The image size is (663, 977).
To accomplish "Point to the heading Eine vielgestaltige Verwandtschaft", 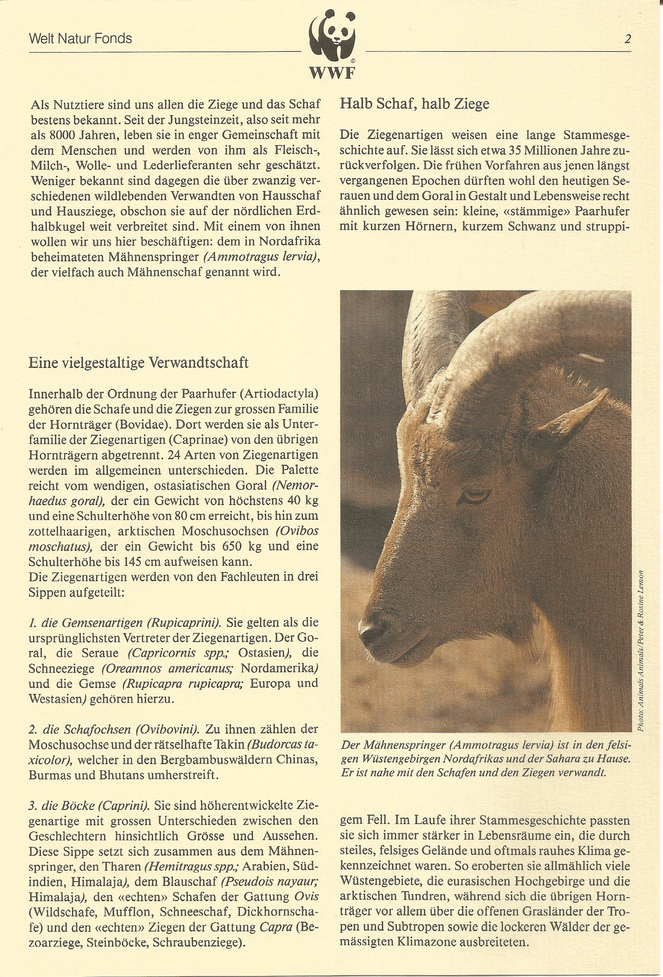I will (x=138, y=362).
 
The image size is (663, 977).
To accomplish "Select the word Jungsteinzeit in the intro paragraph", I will (x=205, y=120).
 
